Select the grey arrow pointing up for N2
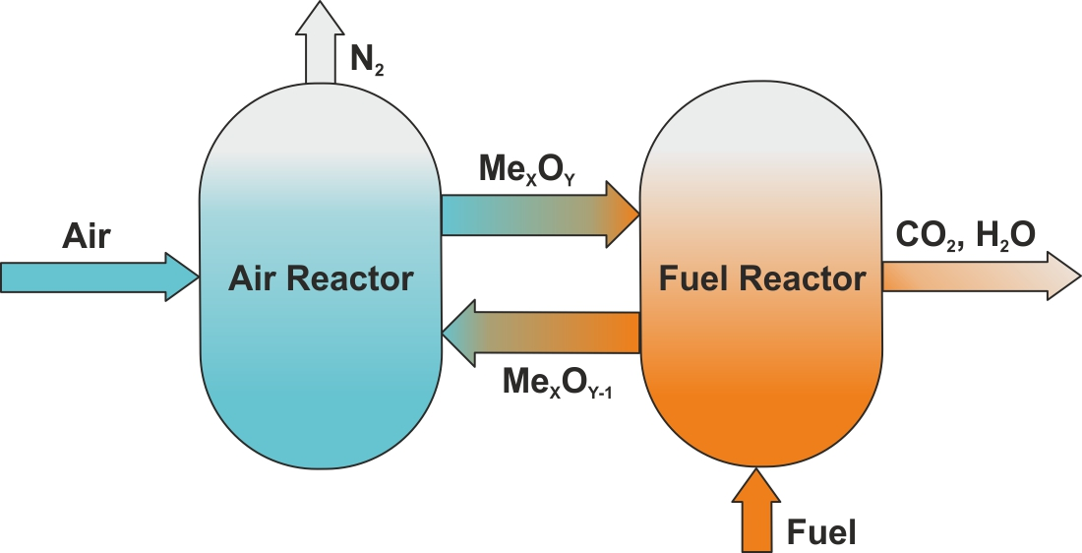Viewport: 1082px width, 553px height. (321, 44)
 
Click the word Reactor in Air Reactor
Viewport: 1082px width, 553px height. (351, 278)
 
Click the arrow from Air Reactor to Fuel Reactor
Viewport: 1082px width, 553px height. (531, 215)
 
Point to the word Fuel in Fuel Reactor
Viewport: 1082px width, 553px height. (692, 278)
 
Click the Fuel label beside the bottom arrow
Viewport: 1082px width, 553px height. (821, 533)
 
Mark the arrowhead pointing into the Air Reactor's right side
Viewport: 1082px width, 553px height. (458, 333)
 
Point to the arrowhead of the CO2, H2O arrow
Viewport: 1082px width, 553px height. (1062, 276)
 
